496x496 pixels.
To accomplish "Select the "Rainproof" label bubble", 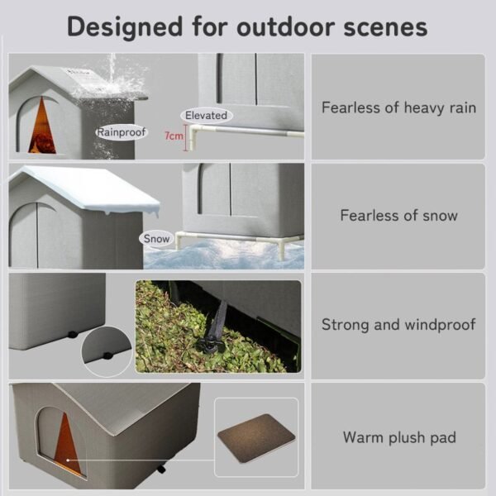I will tap(122, 131).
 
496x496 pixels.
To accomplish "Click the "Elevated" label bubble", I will tap(206, 115).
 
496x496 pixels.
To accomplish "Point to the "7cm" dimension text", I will tap(174, 136).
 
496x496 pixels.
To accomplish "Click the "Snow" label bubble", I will tap(156, 238).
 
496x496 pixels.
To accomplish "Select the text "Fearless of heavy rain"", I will tap(398, 107).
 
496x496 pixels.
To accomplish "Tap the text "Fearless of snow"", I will tap(398, 215).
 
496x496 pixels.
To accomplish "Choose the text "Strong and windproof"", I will tap(398, 324).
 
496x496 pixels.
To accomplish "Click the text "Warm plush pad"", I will tap(398, 436).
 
